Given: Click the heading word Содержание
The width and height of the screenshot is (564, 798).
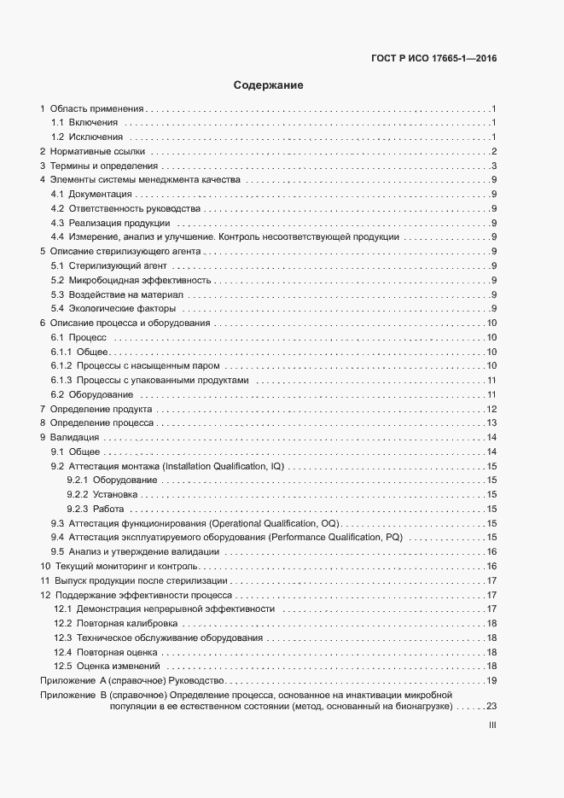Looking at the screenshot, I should [269, 85].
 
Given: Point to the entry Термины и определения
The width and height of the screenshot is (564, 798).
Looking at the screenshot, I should [104, 166].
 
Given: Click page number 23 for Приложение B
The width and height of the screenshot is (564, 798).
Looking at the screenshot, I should [491, 708].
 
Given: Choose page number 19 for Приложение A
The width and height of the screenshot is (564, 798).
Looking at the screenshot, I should [491, 680].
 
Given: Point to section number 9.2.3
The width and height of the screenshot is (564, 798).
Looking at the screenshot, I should [78, 509].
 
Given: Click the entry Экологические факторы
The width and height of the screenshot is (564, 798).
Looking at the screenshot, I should [122, 308].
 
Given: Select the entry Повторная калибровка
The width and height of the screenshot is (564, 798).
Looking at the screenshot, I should [126, 623].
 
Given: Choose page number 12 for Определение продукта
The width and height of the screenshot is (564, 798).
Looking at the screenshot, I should [491, 409].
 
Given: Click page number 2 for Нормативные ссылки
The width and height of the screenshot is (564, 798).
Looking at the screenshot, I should [494, 151].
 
